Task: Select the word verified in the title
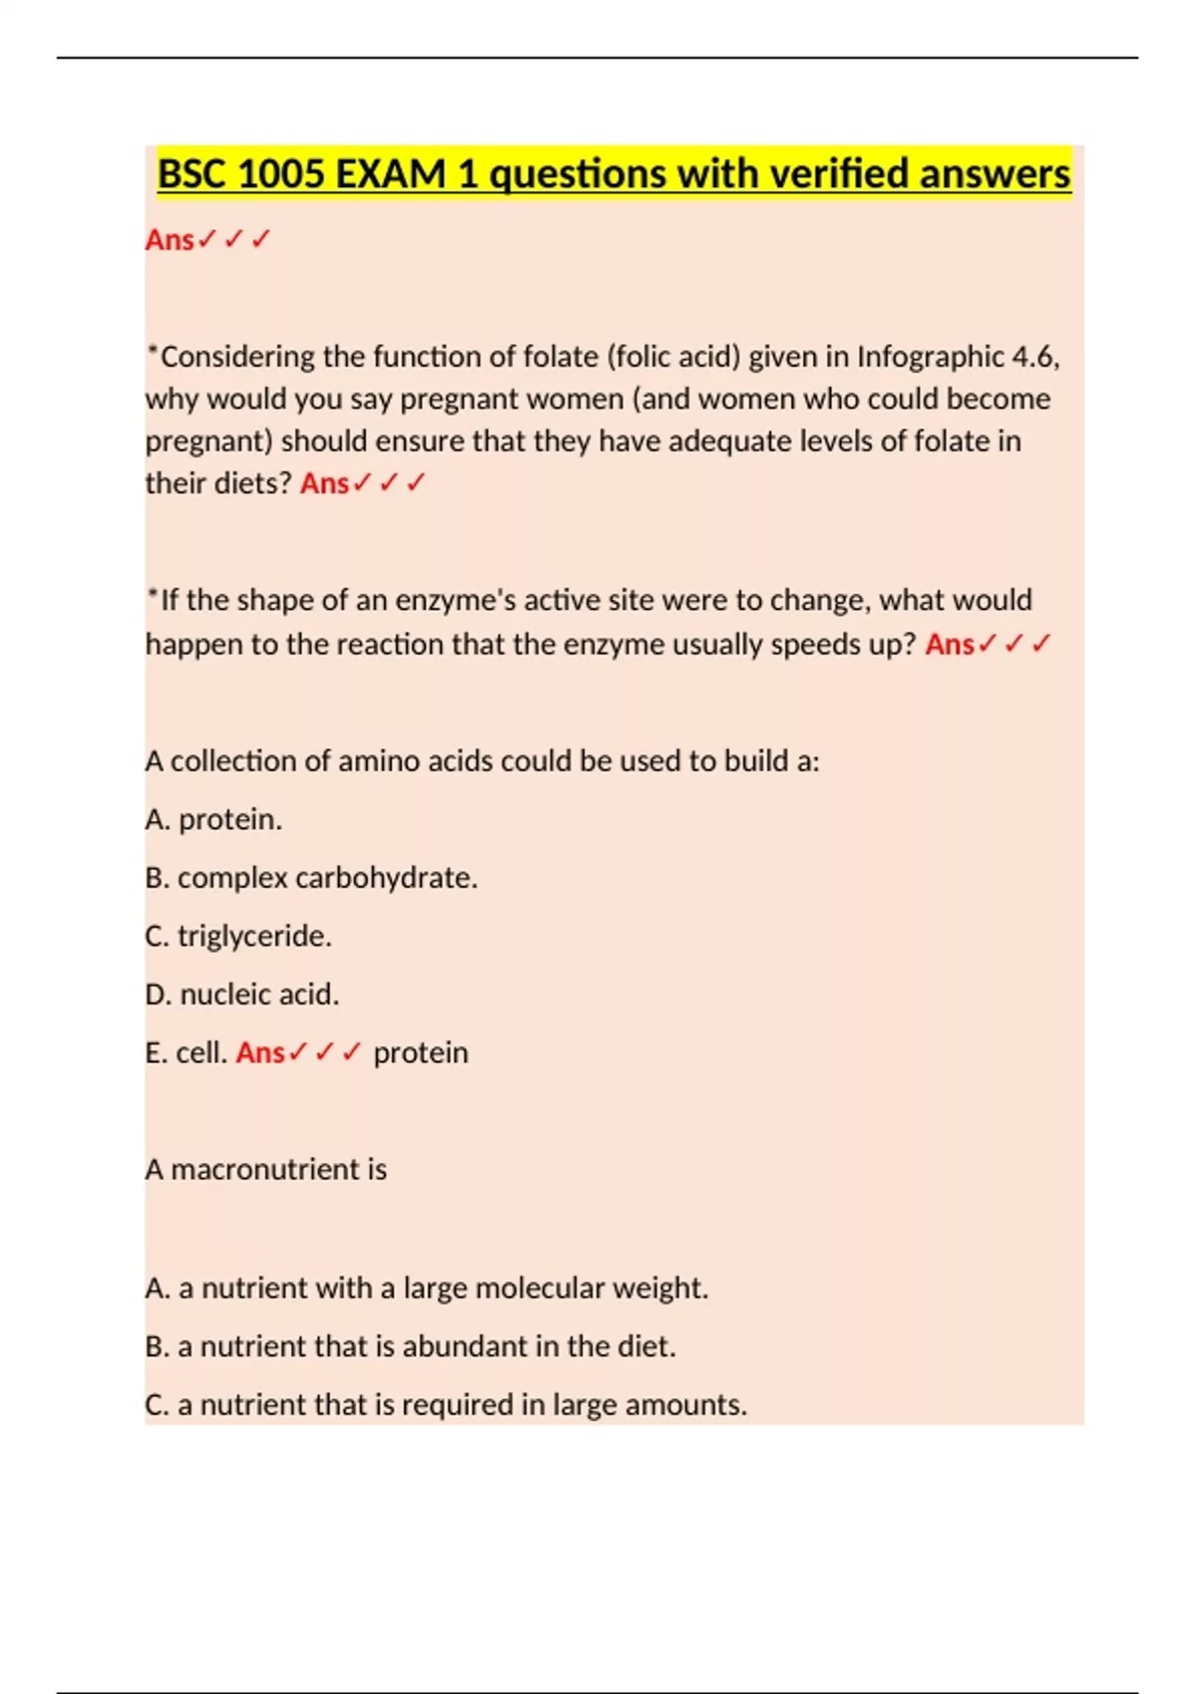[x=828, y=174]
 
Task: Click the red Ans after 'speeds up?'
[x=949, y=645]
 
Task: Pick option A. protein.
[x=213, y=819]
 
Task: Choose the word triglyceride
[x=254, y=936]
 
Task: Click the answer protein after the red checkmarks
[x=421, y=1053]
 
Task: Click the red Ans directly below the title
[x=169, y=240]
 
